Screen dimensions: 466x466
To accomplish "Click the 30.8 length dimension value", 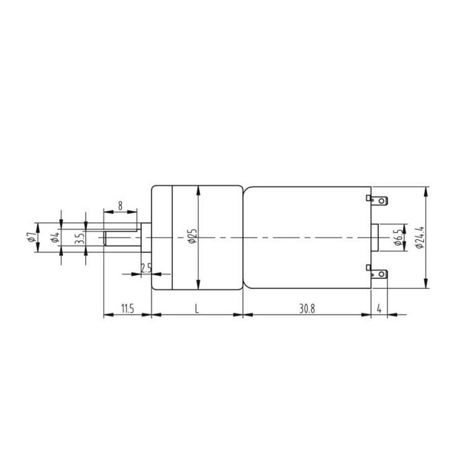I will tap(307, 309).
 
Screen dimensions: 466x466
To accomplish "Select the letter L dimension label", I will tap(197, 309).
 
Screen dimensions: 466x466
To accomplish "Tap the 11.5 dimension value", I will tap(127, 309).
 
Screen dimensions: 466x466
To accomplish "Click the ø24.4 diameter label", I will tap(420, 237).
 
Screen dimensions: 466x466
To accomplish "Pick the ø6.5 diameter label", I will tap(398, 237).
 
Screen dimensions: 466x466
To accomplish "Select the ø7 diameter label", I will tap(30, 237).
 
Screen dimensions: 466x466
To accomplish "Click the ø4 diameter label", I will tap(55, 237).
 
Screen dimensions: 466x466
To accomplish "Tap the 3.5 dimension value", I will tap(79, 238).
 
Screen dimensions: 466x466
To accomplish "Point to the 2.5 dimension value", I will tap(146, 268).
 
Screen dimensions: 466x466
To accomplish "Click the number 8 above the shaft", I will tap(120, 206).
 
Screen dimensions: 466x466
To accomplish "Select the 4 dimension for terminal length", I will tap(379, 309).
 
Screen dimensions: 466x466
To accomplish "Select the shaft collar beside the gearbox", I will tap(146, 237).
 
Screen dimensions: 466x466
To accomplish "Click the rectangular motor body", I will tap(307, 237).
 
